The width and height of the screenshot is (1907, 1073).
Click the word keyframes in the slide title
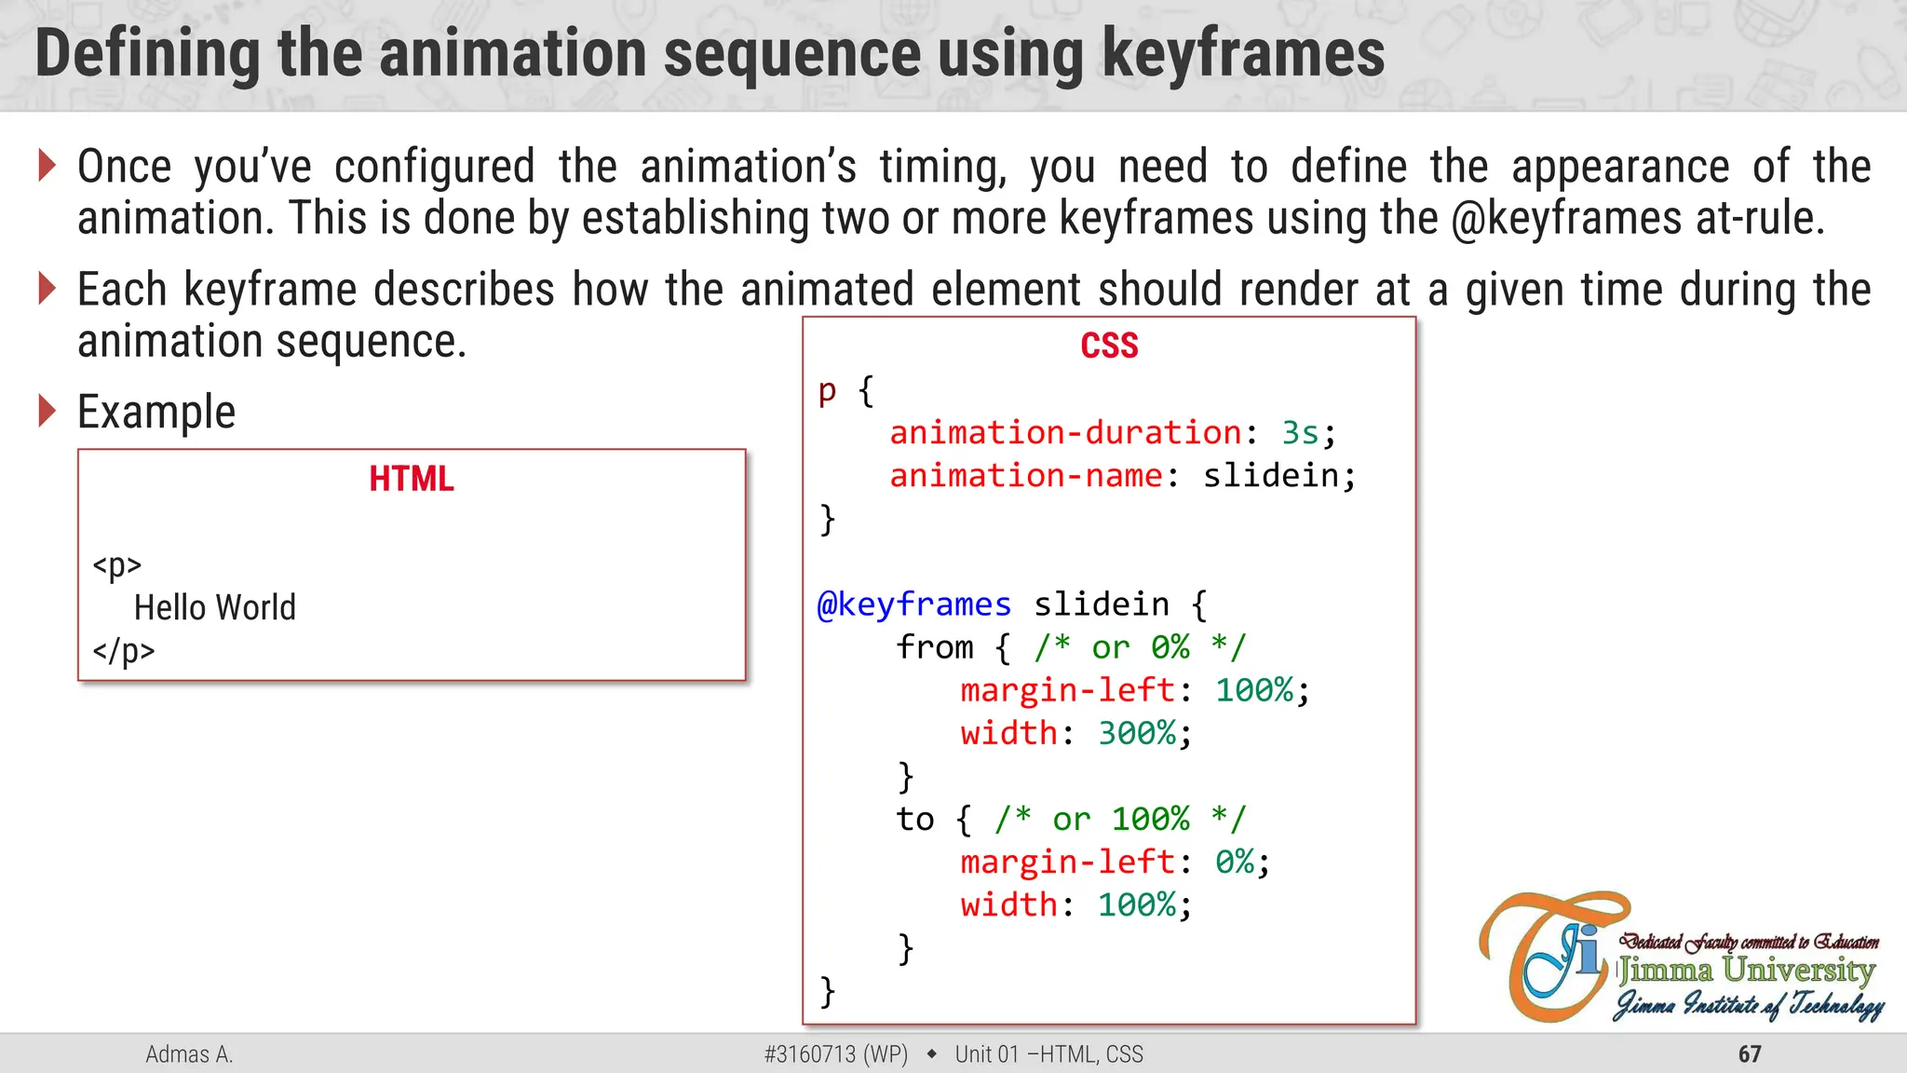[x=1243, y=54]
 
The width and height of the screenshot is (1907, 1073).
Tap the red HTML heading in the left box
[x=412, y=479]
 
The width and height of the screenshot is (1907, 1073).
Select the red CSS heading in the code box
[x=1109, y=346]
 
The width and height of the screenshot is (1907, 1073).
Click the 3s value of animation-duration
[x=1300, y=433]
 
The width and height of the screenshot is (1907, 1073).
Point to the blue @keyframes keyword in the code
[x=913, y=604]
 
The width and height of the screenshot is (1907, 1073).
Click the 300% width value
[x=1137, y=733]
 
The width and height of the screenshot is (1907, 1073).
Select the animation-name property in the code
[x=1025, y=476]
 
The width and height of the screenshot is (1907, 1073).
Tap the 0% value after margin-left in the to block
[x=1235, y=862]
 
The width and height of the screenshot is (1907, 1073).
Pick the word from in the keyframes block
[x=935, y=647]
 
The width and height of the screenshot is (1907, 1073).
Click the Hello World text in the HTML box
[x=215, y=607]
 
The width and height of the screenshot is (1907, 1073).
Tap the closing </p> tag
[x=124, y=650]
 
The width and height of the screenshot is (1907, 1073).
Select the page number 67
[x=1750, y=1054]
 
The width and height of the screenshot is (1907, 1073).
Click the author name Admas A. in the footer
[x=189, y=1054]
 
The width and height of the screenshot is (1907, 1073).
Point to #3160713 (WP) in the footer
[x=835, y=1054]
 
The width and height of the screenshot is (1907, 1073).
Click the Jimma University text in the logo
[x=1746, y=971]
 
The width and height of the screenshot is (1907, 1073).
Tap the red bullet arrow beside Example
[x=47, y=411]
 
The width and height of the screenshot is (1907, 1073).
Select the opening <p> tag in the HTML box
[x=117, y=564]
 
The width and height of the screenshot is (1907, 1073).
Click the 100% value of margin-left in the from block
[x=1254, y=690]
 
